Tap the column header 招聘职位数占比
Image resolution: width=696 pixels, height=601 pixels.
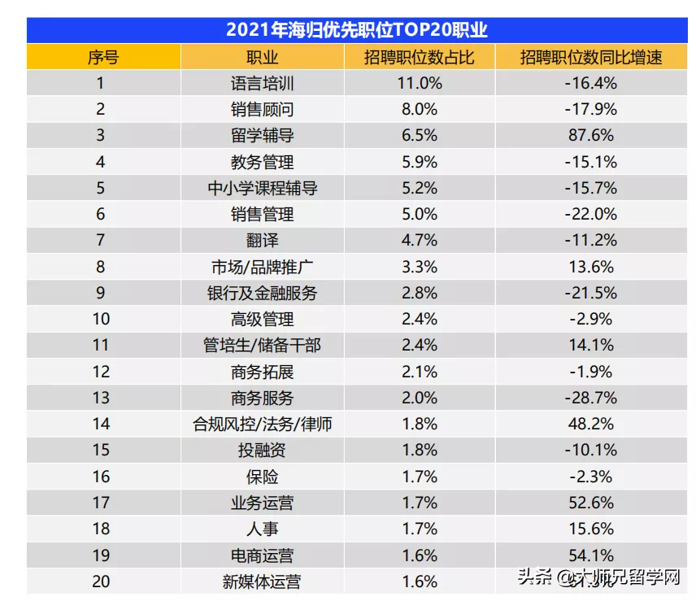(419, 57)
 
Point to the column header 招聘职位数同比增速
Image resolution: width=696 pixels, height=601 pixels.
(592, 57)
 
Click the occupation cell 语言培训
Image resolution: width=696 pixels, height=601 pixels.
(262, 83)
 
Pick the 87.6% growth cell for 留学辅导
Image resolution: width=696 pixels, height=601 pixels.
(592, 136)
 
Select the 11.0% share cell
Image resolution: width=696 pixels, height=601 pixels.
(419, 83)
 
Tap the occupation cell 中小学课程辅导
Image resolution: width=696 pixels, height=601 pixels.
(262, 188)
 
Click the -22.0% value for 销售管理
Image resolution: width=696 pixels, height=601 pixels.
(592, 214)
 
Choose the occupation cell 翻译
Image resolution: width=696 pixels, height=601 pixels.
(262, 240)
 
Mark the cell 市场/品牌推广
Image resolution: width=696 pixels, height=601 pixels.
(262, 267)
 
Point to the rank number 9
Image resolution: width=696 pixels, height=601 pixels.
(101, 293)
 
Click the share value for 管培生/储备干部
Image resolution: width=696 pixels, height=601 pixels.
(419, 346)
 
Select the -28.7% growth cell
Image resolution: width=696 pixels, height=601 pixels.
(592, 398)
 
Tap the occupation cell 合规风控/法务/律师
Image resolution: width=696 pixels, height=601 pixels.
(262, 424)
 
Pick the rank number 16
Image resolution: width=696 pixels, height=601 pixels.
(101, 477)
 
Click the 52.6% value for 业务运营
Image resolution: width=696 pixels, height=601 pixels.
(592, 503)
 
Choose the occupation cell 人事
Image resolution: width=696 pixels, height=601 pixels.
(262, 529)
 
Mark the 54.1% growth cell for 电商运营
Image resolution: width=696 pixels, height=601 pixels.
(592, 555)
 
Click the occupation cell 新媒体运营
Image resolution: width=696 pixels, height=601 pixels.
(262, 581)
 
